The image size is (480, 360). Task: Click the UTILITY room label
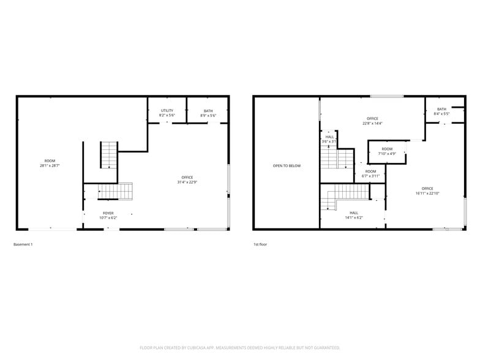(x=167, y=110)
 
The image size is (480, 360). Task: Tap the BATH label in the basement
(x=208, y=110)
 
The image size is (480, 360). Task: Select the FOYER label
(x=108, y=212)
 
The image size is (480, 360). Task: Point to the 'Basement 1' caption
(x=23, y=244)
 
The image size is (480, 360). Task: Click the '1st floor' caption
(x=260, y=244)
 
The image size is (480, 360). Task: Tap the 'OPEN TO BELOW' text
(x=287, y=166)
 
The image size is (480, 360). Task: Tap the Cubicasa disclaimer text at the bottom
(x=239, y=347)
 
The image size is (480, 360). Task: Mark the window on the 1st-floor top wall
(x=387, y=96)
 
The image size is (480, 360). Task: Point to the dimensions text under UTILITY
(x=167, y=115)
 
